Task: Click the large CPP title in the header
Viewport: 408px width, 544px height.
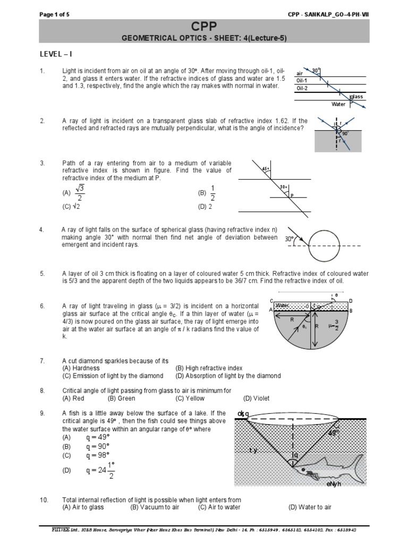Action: pos(204,27)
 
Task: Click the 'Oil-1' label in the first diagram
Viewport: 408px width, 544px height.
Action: pos(303,81)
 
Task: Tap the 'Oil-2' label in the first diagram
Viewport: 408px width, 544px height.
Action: pos(303,88)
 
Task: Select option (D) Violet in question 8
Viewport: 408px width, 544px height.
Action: pos(256,398)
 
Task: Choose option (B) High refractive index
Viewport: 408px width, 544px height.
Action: pos(209,368)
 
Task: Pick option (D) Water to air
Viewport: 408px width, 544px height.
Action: pos(310,507)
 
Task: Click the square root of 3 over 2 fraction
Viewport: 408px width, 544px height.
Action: pos(80,193)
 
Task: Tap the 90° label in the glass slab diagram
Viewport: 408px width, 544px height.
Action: pos(346,133)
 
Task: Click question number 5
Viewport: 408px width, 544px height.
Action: pos(42,274)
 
